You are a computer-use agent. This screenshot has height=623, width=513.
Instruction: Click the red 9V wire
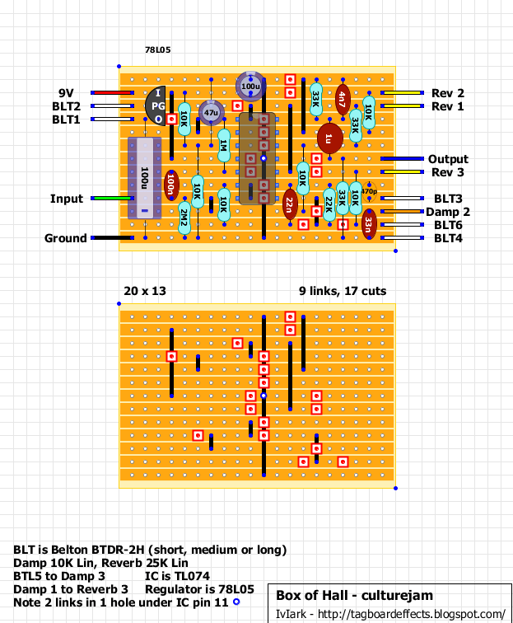point(112,93)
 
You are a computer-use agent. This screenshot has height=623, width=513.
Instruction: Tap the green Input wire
point(112,199)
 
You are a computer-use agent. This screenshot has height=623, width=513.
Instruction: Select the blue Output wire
point(402,158)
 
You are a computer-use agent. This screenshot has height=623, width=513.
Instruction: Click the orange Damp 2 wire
point(402,211)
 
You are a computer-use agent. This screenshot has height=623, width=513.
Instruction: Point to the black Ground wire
point(112,238)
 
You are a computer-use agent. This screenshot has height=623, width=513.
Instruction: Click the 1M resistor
point(224,145)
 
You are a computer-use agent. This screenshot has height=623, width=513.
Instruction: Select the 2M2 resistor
point(184,218)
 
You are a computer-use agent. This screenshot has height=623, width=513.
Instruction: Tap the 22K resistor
point(329,204)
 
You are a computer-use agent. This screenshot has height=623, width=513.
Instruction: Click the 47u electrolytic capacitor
point(211,112)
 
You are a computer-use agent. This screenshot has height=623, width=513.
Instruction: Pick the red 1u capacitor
point(329,138)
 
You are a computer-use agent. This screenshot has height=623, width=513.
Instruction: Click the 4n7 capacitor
point(343,100)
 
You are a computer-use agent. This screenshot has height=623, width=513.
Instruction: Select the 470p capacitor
point(369,191)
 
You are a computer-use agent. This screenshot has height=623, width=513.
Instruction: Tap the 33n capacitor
point(369,224)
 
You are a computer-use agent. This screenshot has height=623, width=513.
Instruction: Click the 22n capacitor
point(290,204)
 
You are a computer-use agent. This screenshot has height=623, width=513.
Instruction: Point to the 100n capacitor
point(171,185)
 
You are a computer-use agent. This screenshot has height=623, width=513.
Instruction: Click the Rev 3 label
point(448,172)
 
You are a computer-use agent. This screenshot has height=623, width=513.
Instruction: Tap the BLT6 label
point(448,225)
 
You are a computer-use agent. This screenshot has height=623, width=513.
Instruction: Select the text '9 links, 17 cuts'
point(343,291)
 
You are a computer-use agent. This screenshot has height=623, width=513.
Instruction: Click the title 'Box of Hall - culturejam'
point(355,596)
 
